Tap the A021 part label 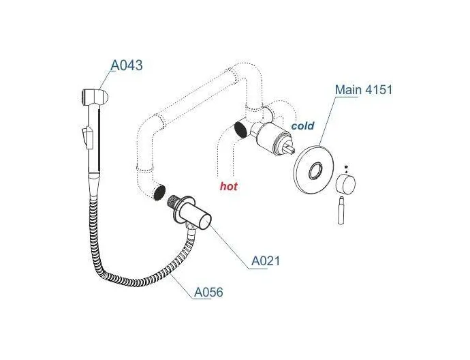click(266, 260)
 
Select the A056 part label click(208, 292)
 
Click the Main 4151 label click(364, 90)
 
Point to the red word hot click(229, 185)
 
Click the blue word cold click(303, 126)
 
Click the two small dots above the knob click(345, 169)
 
